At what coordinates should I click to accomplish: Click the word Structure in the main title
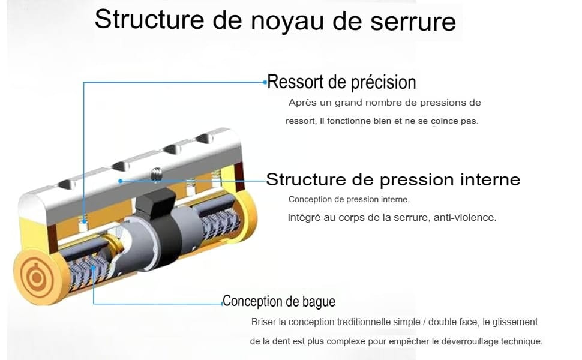[x=149, y=19]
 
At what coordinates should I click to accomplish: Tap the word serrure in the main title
[x=413, y=22]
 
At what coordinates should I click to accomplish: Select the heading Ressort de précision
[x=341, y=82]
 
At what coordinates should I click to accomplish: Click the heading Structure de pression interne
[x=393, y=179]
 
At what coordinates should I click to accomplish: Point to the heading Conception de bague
[x=279, y=301]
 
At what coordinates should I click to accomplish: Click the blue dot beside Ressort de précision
[x=265, y=82]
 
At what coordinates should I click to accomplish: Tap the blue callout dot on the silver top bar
[x=120, y=181]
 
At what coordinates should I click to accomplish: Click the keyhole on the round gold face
[x=37, y=277]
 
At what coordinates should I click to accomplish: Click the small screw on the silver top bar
[x=157, y=175]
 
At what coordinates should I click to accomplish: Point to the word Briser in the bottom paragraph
[x=263, y=322]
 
